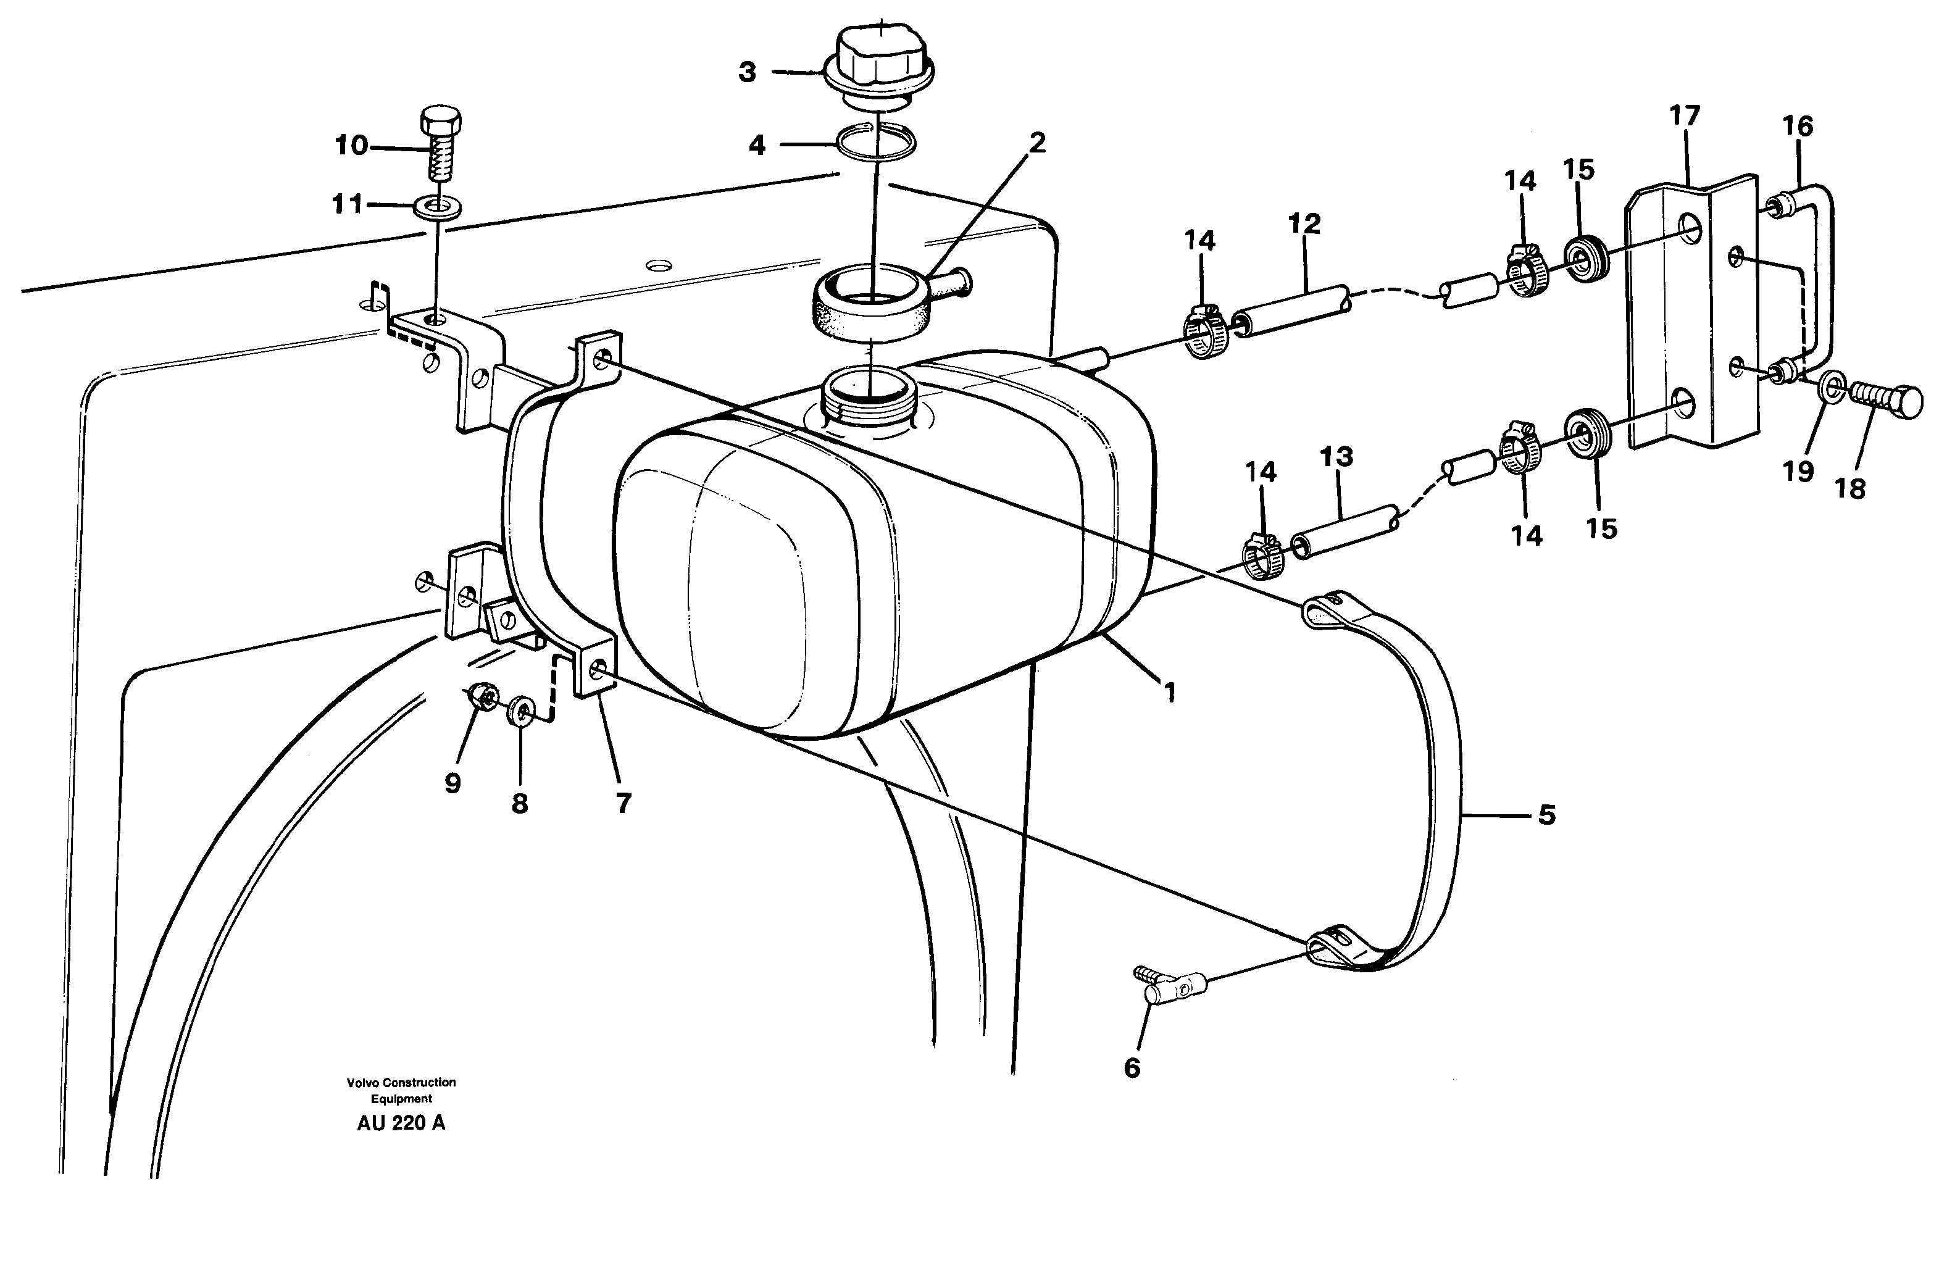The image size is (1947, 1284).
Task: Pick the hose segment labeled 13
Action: click(x=1343, y=532)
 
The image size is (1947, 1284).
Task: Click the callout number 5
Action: click(x=1546, y=815)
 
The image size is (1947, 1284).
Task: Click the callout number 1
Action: click(x=1170, y=693)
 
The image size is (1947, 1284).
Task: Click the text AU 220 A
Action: click(x=401, y=1123)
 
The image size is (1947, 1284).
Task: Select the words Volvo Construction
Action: click(x=401, y=1083)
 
